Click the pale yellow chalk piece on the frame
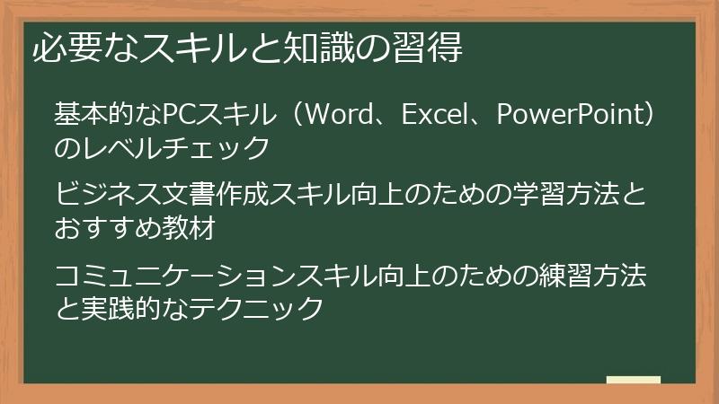click(634, 381)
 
